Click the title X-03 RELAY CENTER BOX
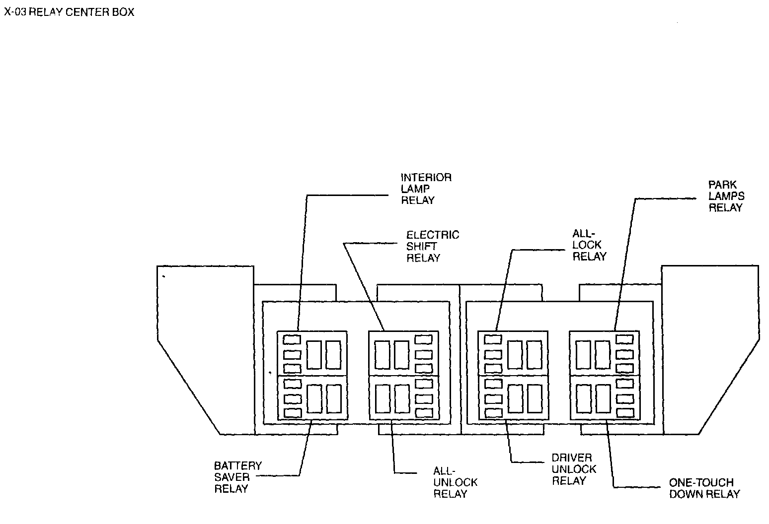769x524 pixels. (69, 12)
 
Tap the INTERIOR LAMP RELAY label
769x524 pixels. (426, 189)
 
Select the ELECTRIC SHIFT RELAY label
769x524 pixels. (433, 246)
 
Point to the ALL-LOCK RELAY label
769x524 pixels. (589, 245)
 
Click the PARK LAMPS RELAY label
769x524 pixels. (726, 196)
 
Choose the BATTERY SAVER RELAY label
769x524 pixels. (237, 477)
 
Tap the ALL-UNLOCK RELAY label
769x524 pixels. (455, 482)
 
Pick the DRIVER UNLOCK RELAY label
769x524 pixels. (574, 469)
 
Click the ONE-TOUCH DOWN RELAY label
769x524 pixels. (704, 488)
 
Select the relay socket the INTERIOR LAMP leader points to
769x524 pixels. (312, 353)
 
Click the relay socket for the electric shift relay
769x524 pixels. (403, 353)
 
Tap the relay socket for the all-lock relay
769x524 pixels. (513, 353)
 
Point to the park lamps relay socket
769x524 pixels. (604, 353)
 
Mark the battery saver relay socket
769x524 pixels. (312, 398)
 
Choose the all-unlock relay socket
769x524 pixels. (404, 398)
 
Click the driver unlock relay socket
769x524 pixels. (513, 398)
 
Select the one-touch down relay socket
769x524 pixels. (605, 398)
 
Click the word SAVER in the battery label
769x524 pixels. (231, 477)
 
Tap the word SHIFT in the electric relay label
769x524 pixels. (421, 246)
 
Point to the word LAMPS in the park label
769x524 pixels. (726, 196)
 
